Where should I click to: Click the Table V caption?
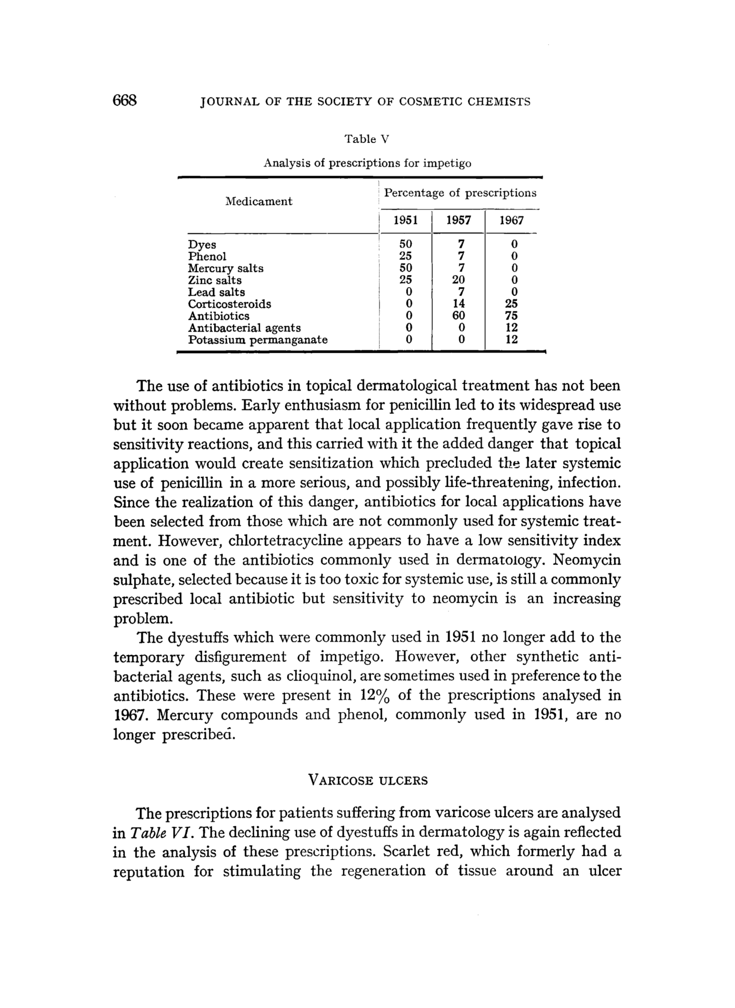(366, 139)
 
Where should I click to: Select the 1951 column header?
(406, 220)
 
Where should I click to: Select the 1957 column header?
(458, 220)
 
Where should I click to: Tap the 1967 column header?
(511, 220)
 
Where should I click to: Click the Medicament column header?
(259, 202)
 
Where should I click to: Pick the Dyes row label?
(202, 245)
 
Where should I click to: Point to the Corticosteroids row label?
(229, 304)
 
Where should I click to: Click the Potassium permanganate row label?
(258, 340)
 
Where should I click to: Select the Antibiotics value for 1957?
(458, 316)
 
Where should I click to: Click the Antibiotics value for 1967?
(511, 316)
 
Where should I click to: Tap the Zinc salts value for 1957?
(458, 281)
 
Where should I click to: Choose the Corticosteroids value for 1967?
(511, 304)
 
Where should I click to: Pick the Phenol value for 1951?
(406, 257)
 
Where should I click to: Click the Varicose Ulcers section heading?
(368, 781)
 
